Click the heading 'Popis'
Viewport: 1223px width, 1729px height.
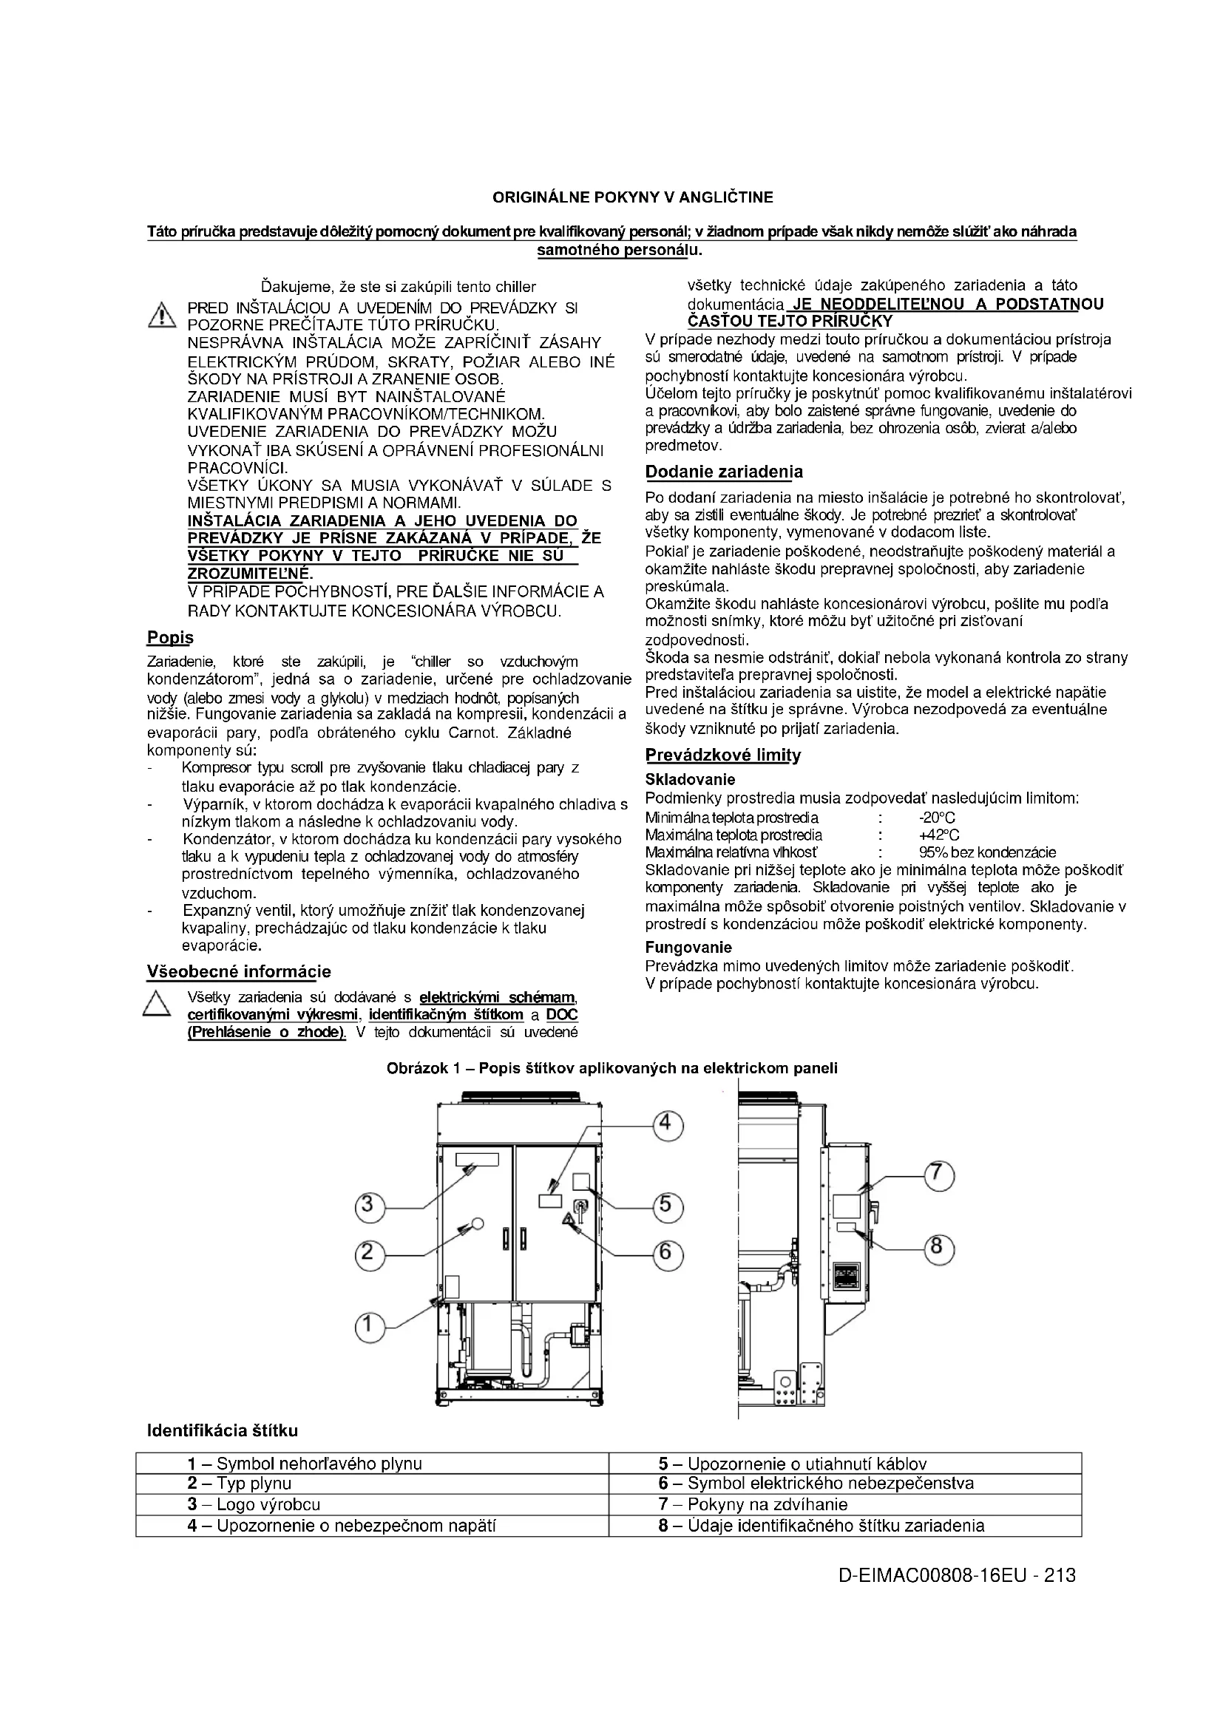pos(169,638)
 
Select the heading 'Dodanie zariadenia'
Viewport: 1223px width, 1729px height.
pos(724,472)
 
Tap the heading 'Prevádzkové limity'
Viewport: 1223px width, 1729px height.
pos(723,755)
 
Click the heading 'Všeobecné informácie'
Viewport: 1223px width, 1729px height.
pos(239,972)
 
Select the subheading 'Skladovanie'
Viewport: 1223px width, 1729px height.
pos(690,779)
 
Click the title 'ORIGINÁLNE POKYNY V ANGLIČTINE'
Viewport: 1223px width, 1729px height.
pos(633,197)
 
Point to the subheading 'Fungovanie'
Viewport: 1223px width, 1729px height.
pos(688,948)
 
